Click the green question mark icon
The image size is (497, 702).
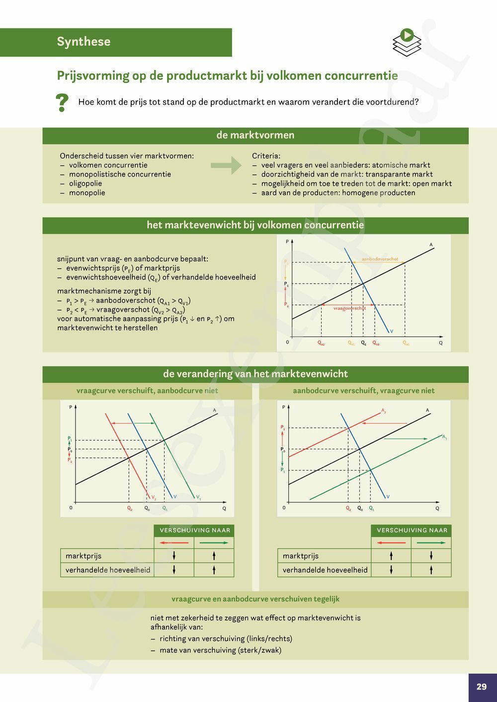62,103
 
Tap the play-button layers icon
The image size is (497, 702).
407,42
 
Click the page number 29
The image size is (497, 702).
482,687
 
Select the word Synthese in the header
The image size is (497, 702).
83,42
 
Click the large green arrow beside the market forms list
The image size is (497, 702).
226,165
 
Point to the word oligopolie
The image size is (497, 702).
85,183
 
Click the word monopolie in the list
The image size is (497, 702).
87,193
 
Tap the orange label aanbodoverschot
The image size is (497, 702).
380,259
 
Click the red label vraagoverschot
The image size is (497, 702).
349,308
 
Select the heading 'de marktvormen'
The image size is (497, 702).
255,135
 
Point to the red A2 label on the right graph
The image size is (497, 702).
384,411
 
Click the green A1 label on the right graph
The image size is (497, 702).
444,437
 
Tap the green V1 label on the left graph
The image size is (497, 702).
198,497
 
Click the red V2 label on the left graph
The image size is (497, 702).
154,497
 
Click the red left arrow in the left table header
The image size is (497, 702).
173,543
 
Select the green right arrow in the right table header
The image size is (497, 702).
431,543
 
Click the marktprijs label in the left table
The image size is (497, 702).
83,556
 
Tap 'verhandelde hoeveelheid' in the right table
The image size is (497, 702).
325,570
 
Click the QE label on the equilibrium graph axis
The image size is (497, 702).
363,343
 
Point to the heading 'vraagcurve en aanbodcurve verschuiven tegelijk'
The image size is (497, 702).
255,599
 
